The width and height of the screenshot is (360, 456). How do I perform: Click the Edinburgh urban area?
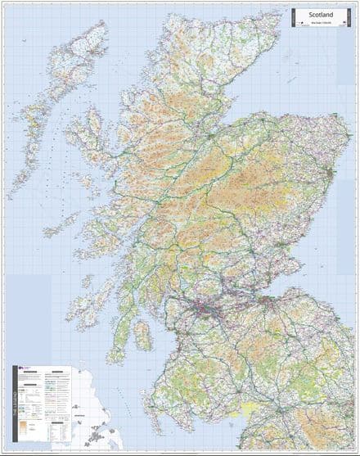coord(264,299)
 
